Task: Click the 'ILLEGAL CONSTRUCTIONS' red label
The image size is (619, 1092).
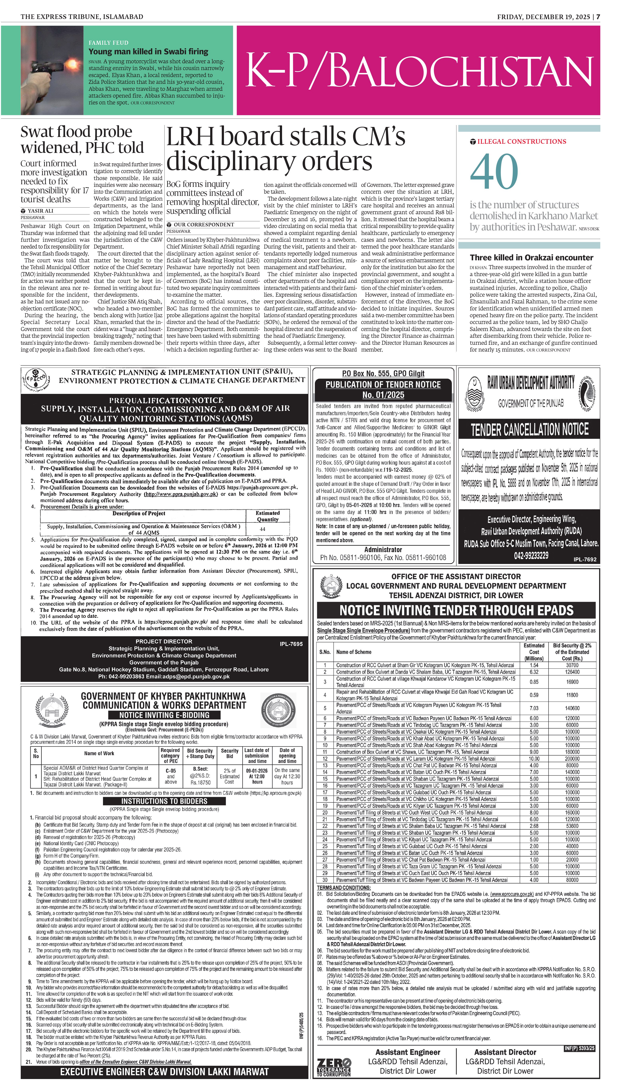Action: [x=522, y=142]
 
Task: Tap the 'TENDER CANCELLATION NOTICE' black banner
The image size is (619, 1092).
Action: [x=529, y=430]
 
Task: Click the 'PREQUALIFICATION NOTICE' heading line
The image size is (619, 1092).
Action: [x=166, y=400]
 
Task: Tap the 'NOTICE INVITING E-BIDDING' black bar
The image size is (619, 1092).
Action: [x=164, y=715]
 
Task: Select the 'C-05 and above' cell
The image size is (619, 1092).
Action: [x=170, y=776]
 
